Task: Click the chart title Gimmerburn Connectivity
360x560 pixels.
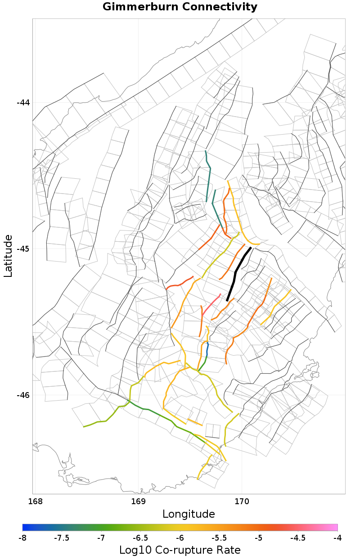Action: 180,7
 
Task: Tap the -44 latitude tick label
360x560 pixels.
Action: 23,103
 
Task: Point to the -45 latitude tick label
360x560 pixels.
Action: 23,249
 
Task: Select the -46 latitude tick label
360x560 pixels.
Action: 23,395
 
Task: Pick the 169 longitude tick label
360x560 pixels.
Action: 138,501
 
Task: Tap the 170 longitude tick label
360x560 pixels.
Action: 242,501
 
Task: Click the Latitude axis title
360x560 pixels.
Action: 9,256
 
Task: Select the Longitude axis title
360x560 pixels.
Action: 189,514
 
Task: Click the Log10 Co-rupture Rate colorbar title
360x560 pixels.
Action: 180,550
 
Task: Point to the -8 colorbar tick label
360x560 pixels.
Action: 22,538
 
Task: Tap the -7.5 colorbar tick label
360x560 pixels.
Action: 62,538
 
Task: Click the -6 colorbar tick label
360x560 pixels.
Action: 180,538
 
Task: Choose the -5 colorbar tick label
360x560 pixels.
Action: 259,538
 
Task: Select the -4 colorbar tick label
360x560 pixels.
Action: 337,538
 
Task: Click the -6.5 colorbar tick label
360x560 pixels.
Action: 140,538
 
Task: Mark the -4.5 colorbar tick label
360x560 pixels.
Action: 298,538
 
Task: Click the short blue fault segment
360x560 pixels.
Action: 207,349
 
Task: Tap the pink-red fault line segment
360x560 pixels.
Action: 211,304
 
